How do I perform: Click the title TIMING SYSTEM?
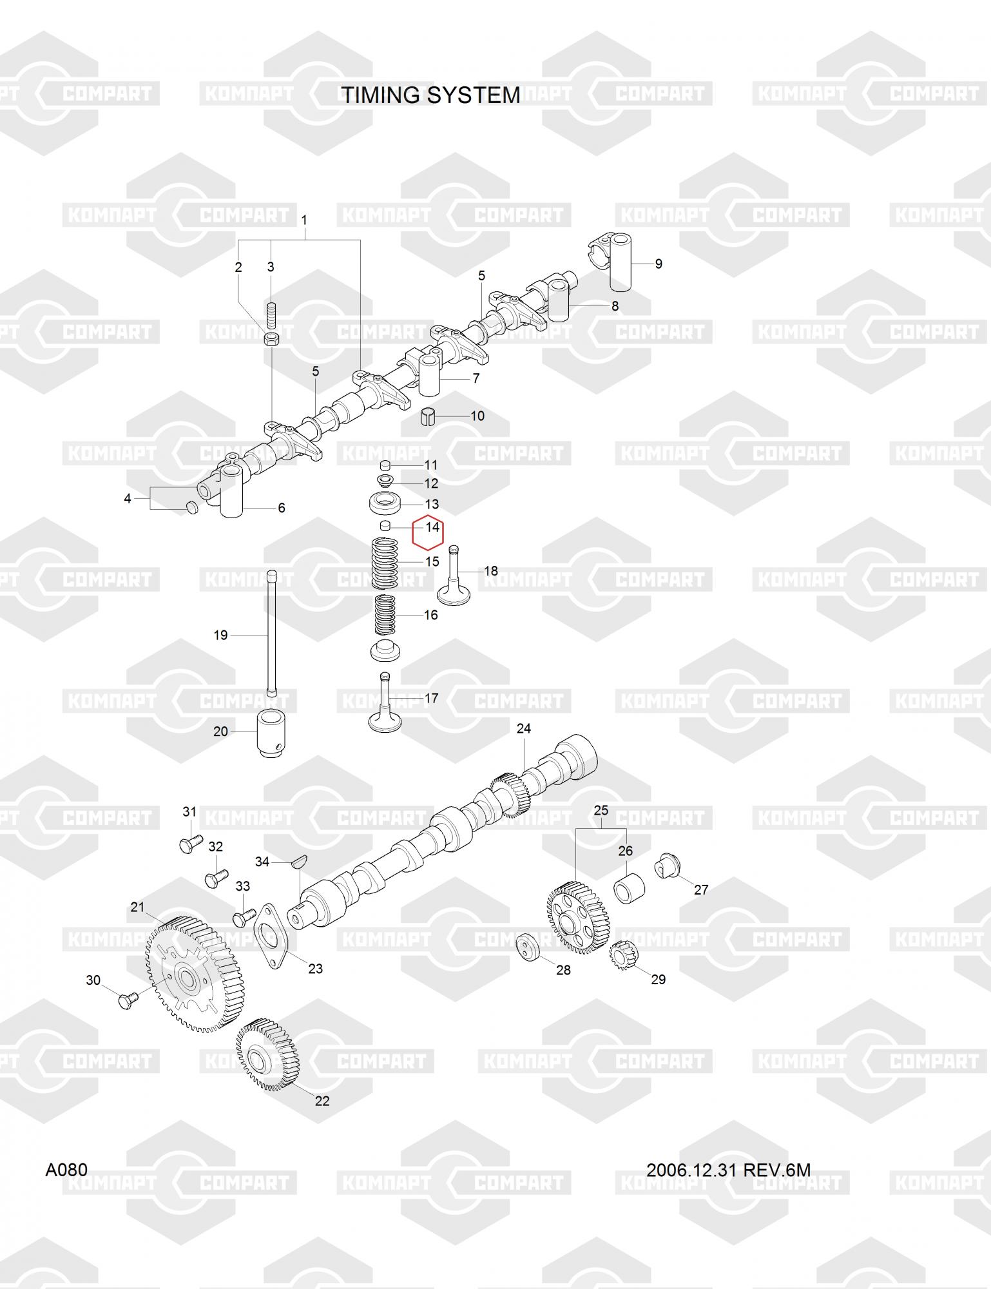430,95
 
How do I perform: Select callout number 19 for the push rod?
220,635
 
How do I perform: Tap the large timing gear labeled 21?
191,974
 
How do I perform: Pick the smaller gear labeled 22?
267,1054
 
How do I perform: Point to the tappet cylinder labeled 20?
273,733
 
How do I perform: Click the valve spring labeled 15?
385,563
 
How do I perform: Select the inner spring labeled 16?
385,614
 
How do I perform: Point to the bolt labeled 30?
126,1000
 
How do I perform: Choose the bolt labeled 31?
189,842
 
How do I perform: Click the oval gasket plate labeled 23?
271,936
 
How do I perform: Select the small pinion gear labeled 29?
622,953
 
